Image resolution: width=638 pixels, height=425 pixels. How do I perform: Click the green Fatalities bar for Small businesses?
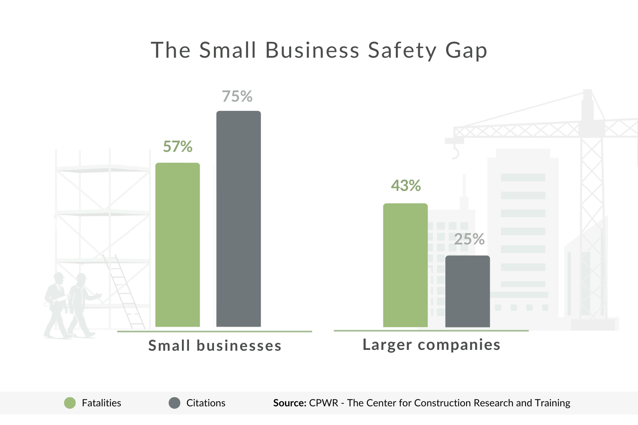coord(177,245)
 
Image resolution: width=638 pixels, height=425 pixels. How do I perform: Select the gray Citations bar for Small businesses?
coord(238,219)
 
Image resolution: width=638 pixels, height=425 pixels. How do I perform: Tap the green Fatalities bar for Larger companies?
coord(405,265)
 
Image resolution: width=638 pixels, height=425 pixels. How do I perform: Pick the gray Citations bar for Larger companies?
coord(467,291)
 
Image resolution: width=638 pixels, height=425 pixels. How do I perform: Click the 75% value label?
coord(237,96)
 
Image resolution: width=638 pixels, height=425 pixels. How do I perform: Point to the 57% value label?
coord(178,147)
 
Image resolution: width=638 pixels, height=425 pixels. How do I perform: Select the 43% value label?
coord(406,186)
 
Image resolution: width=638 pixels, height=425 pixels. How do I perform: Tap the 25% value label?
coord(469,239)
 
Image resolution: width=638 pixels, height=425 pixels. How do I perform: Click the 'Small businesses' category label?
coord(215,346)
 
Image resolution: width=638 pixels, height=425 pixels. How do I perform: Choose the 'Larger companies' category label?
coord(431,344)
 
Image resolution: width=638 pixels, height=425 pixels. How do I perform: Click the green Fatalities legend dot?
coord(70,403)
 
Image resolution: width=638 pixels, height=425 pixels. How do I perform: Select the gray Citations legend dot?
coord(174,403)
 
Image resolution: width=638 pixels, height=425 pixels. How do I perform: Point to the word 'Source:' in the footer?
coord(290,403)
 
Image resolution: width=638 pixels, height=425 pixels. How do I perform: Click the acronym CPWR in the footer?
coord(324,403)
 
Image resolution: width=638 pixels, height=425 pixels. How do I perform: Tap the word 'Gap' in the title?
coord(466,51)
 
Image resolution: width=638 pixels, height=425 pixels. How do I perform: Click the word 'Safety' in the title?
coord(402,51)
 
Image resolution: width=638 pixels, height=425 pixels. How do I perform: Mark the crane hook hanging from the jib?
coord(455,153)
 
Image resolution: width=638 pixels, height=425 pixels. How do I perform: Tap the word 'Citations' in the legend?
coord(206,403)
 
